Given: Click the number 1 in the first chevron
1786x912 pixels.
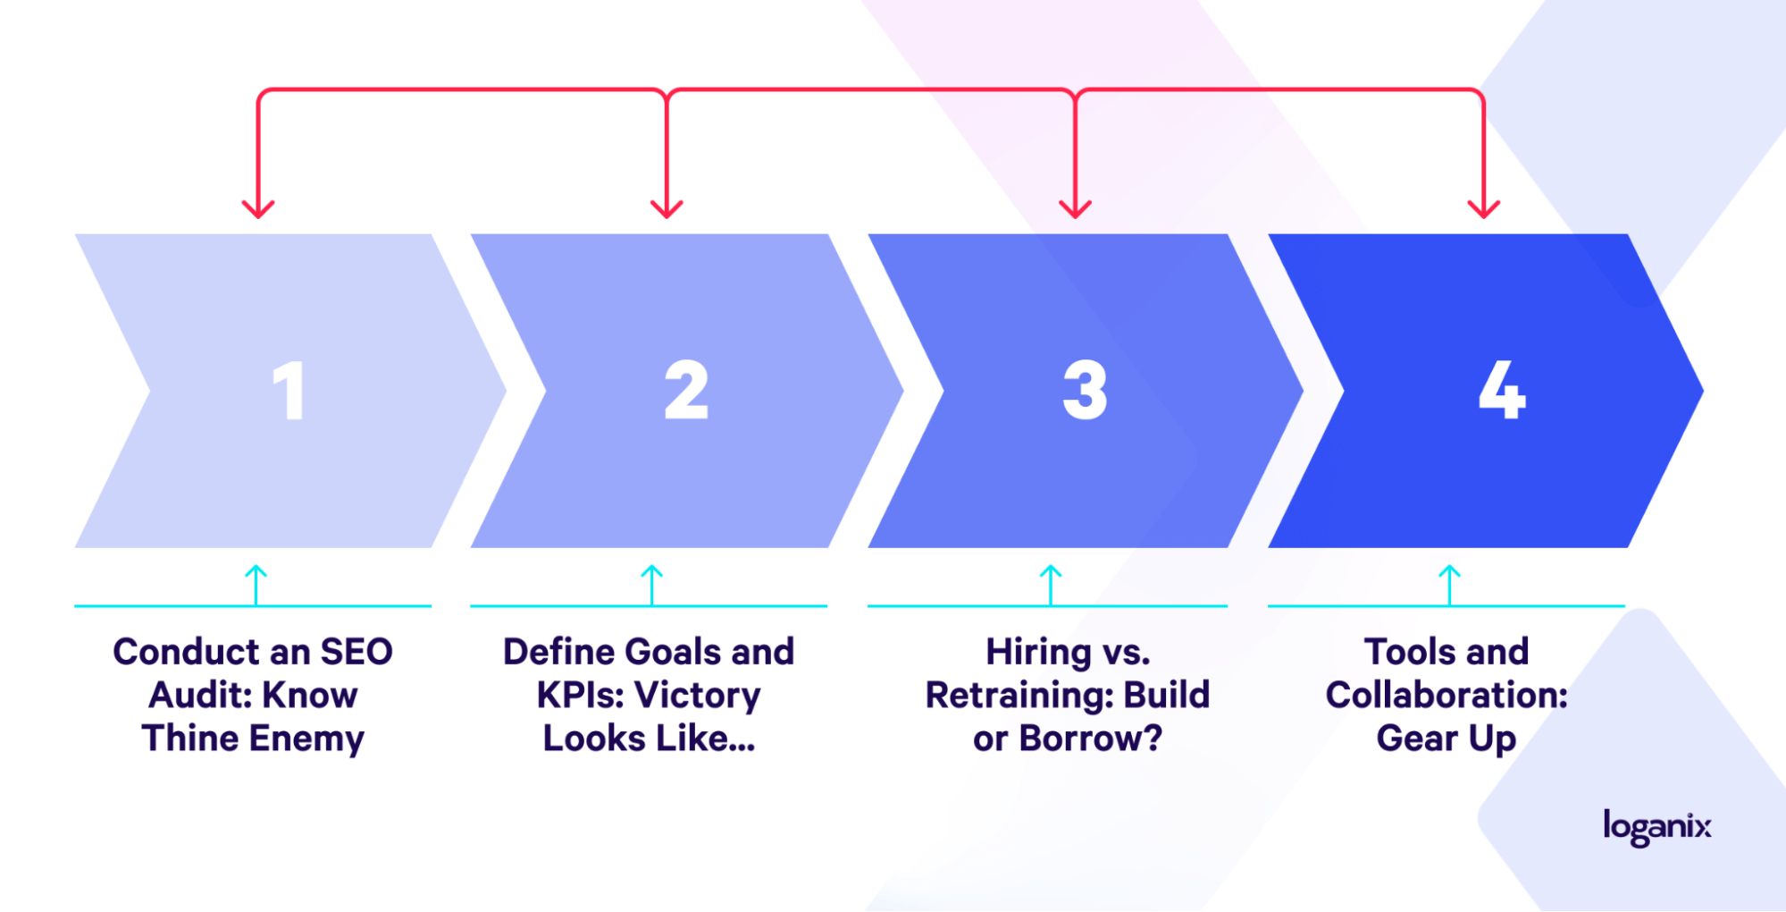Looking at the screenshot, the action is pyautogui.click(x=289, y=390).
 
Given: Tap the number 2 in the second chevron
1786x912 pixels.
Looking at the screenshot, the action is pyautogui.click(x=686, y=390).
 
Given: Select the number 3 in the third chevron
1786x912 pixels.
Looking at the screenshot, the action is pyautogui.click(x=1085, y=390).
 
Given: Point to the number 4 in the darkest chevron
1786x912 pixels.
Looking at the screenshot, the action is pyautogui.click(x=1502, y=390).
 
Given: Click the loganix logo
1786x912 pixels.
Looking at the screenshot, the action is pyautogui.click(x=1657, y=827).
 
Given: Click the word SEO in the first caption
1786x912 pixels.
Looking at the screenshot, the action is pyautogui.click(x=356, y=652).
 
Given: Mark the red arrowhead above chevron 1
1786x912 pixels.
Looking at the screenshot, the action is pyautogui.click(x=258, y=209).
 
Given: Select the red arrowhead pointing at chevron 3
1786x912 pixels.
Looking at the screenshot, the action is pyautogui.click(x=1075, y=209).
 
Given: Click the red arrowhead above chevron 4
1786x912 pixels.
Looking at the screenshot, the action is pyautogui.click(x=1484, y=209).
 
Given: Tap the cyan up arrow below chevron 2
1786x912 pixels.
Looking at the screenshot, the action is pyautogui.click(x=652, y=585).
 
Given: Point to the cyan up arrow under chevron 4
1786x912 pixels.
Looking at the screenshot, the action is pyautogui.click(x=1449, y=585).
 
